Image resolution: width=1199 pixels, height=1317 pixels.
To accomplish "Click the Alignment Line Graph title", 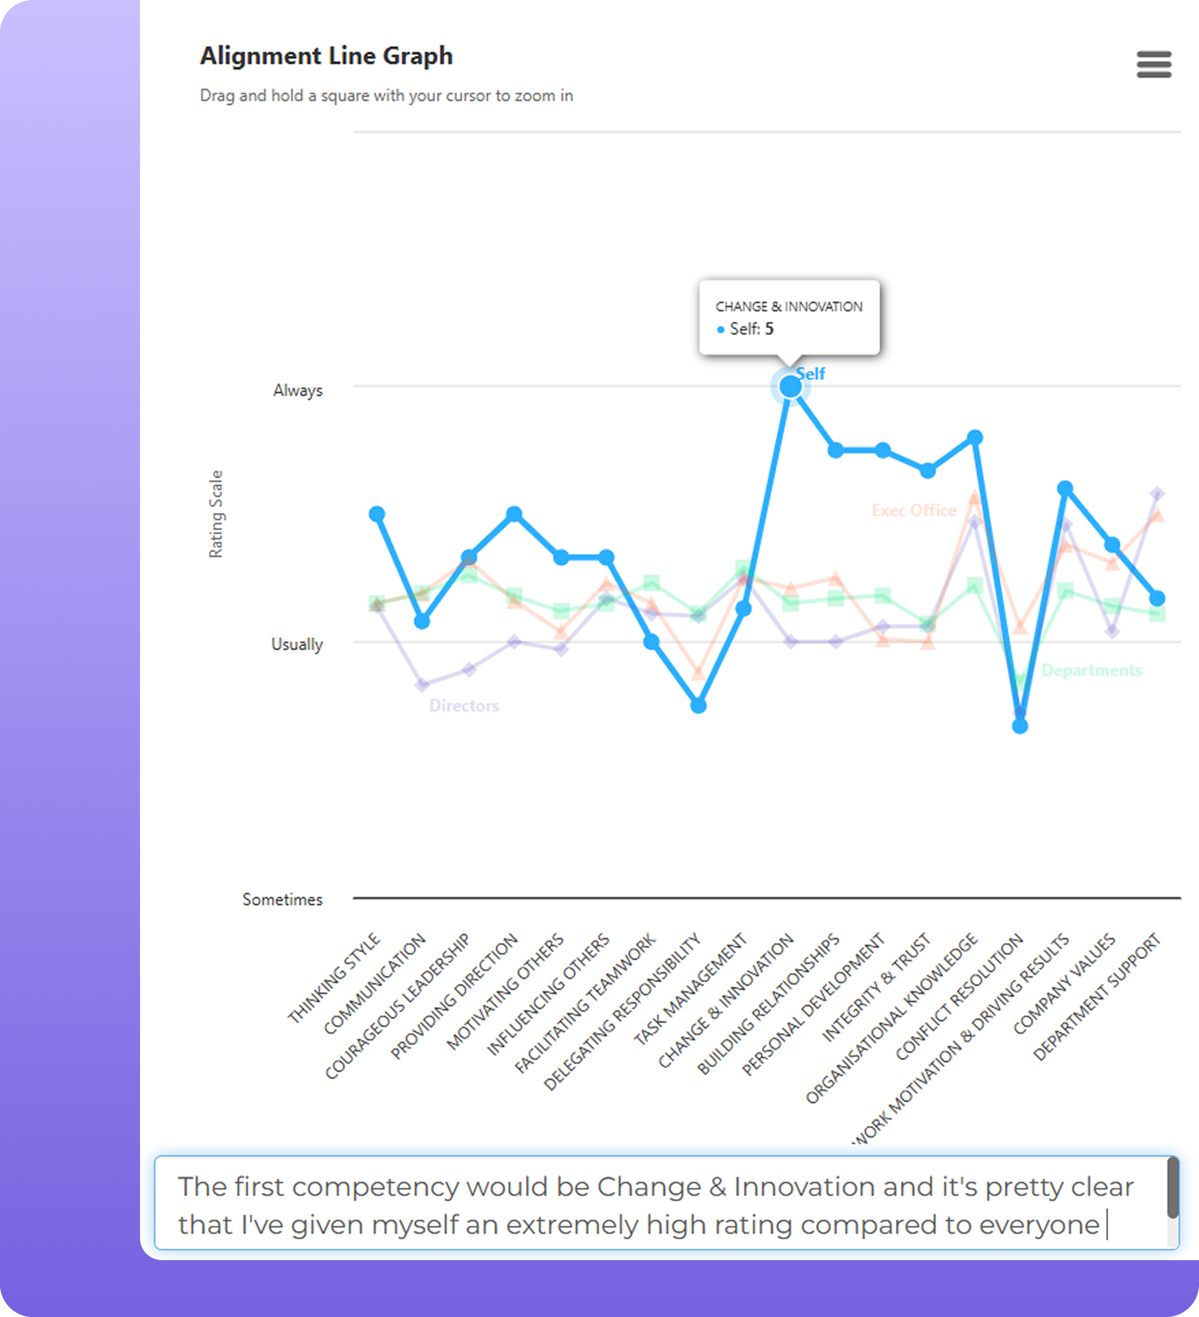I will [x=326, y=56].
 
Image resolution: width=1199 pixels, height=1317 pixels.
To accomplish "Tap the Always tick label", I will [x=298, y=391].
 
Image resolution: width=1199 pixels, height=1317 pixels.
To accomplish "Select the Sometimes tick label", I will [x=282, y=900].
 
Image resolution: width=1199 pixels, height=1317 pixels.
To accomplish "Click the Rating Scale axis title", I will [x=216, y=514].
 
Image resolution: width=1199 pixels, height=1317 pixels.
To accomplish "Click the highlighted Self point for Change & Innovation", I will [x=790, y=387].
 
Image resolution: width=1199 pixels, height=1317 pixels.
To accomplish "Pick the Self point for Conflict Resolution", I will [x=1019, y=726].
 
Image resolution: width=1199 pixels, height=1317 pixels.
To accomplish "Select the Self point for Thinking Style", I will [x=377, y=514].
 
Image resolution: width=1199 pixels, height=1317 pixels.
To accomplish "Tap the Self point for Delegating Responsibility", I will [x=698, y=706].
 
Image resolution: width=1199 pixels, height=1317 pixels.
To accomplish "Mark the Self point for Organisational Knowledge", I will [x=974, y=437].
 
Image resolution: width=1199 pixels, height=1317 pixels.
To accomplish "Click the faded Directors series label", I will [x=464, y=706].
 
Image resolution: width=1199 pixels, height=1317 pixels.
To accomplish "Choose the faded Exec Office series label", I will [x=913, y=510].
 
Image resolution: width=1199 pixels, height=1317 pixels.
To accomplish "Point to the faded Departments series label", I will [x=1091, y=671].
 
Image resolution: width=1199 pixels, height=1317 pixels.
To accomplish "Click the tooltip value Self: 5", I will [x=751, y=329].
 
